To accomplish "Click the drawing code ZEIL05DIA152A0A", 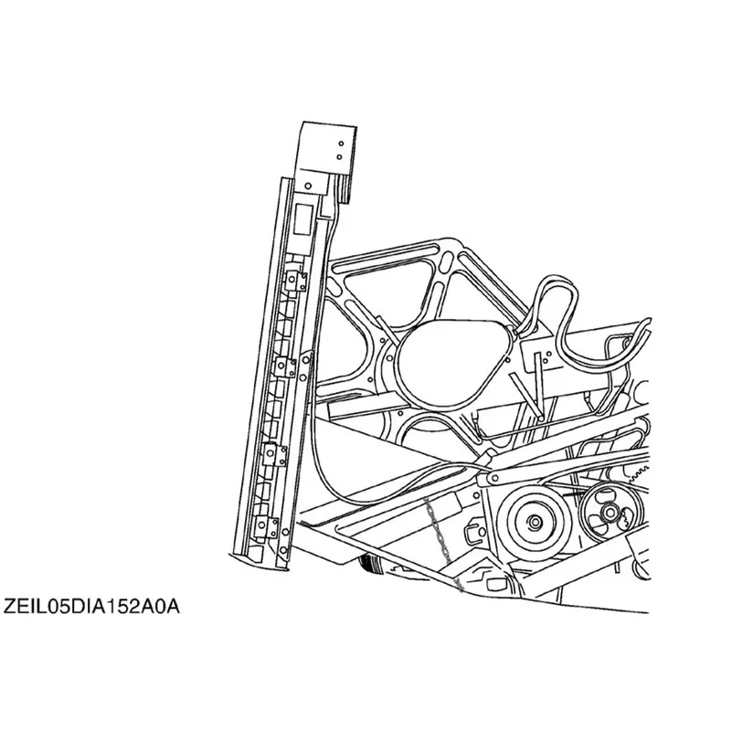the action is point(91,607).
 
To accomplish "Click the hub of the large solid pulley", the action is point(534,521).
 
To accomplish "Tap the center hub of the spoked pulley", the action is point(609,513).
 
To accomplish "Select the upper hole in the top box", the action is point(341,143).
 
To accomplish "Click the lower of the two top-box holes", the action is point(339,157).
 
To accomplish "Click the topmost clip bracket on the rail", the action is point(295,281).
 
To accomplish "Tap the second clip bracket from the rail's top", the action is point(284,367).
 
